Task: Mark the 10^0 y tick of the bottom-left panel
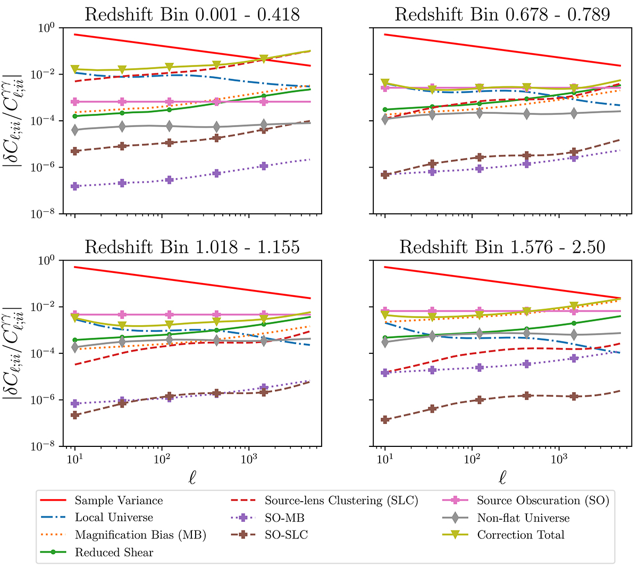click(48, 260)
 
